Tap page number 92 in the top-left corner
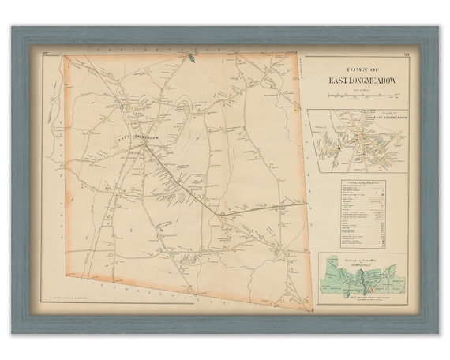click(46, 53)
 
